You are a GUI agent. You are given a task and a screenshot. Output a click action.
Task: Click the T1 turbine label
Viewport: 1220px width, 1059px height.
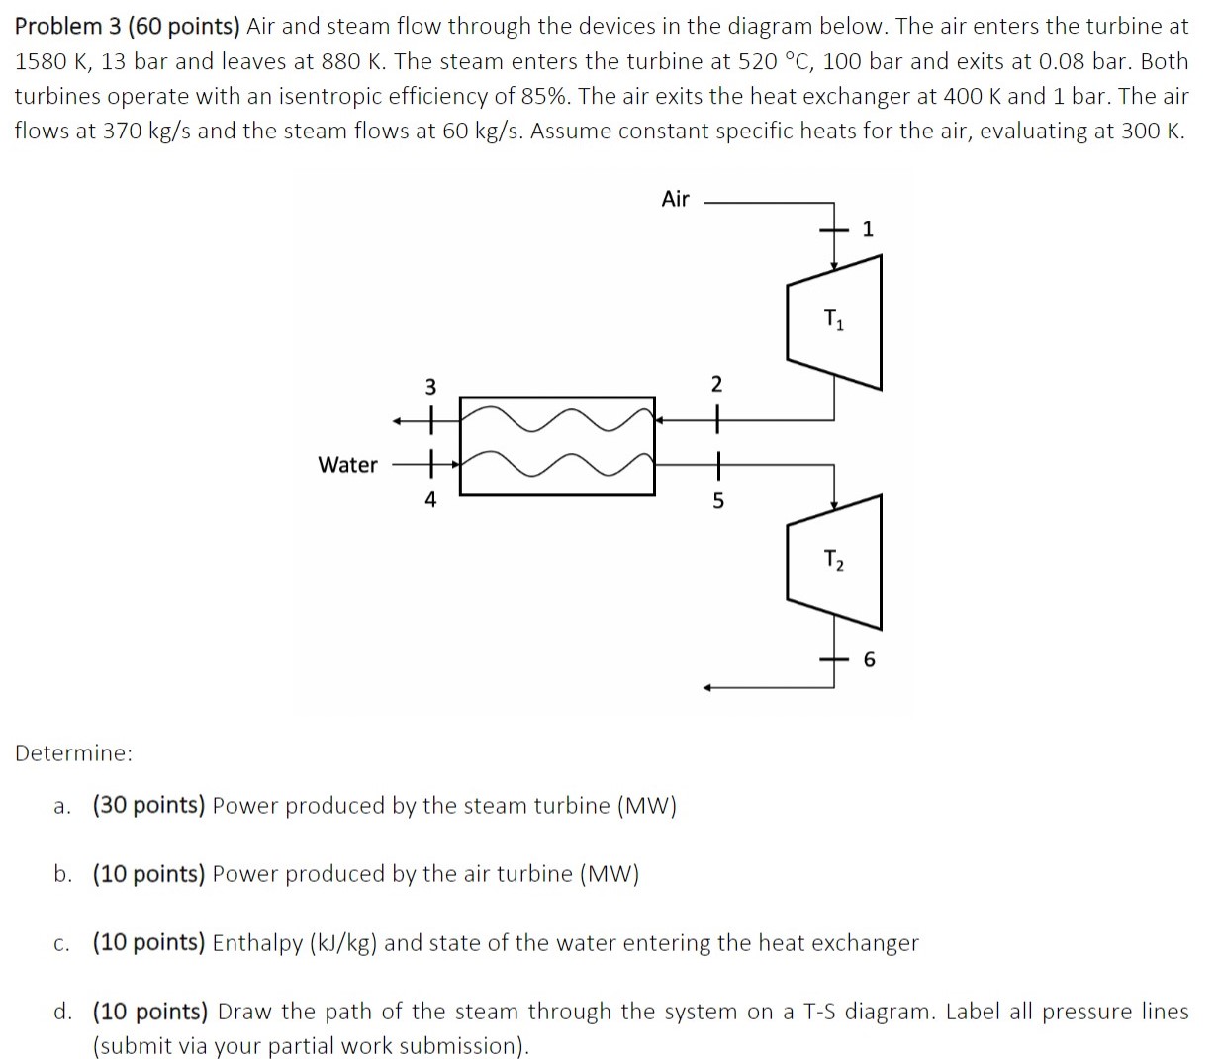click(834, 319)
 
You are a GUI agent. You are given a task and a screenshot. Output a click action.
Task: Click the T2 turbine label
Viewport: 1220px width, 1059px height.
click(834, 561)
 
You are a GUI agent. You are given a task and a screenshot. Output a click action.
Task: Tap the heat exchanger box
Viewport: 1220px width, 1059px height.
click(557, 446)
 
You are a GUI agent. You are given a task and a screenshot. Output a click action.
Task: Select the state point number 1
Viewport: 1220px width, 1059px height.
click(868, 229)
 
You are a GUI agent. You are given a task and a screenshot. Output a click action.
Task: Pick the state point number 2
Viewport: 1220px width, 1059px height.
click(717, 384)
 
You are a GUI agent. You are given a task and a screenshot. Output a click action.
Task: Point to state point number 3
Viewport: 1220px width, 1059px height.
click(429, 385)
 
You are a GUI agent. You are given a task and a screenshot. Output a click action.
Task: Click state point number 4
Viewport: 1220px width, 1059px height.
click(429, 500)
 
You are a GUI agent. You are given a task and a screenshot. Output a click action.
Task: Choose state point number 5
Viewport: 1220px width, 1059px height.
click(718, 501)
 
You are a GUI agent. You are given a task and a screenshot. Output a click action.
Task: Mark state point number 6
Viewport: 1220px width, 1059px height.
click(869, 660)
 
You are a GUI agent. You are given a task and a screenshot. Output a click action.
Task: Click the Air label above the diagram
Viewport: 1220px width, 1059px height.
click(675, 199)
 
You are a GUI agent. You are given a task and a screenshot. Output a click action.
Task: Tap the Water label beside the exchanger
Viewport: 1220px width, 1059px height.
click(347, 464)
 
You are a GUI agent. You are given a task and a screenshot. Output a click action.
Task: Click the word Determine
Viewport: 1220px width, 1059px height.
click(73, 753)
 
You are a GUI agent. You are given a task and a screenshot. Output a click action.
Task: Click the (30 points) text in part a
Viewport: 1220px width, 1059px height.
click(148, 805)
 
